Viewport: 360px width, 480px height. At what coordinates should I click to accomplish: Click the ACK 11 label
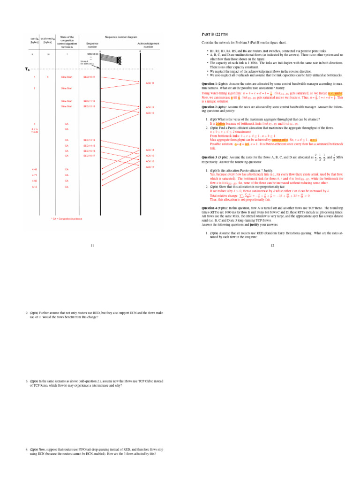(150, 83)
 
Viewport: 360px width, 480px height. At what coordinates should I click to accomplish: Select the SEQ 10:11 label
(89, 76)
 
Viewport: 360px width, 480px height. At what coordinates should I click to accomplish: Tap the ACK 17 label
(150, 167)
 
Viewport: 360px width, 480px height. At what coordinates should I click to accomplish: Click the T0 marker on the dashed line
(27, 70)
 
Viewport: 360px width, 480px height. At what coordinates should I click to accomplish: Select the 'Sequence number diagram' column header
(121, 37)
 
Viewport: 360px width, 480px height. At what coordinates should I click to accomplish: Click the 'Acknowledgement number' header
(148, 45)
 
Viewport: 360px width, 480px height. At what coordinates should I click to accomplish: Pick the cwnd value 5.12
(34, 187)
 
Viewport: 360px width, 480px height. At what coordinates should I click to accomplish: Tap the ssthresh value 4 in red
(48, 76)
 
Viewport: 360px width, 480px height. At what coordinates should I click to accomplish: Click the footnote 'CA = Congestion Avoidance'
(66, 218)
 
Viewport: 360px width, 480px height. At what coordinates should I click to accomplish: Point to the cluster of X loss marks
(119, 60)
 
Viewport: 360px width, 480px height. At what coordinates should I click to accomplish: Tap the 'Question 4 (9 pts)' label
(216, 207)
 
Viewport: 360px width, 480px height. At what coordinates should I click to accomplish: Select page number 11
(92, 245)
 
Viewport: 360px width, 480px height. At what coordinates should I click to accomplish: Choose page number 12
(272, 245)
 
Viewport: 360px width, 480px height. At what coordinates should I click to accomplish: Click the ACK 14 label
(150, 150)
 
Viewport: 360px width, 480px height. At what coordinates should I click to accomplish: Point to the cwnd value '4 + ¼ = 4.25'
(34, 130)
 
